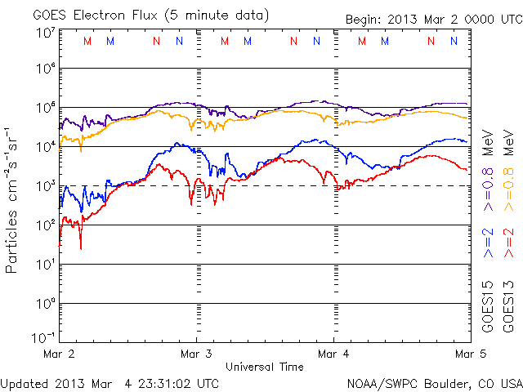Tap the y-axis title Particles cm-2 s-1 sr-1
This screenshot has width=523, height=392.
13,200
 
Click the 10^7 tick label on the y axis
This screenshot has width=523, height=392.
45,33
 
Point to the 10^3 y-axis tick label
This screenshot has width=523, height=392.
45,186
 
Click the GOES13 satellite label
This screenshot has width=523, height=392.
508,306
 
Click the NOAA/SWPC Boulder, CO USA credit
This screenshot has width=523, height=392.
434,382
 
